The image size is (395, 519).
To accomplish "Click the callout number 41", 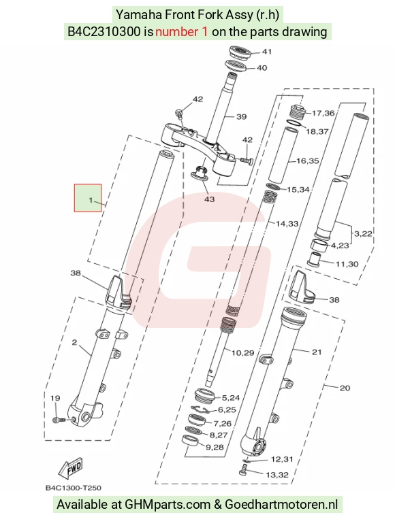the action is coord(267,51).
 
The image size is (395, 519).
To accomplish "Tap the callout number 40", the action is coord(262,68).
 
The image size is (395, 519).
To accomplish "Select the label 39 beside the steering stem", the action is coord(242,116).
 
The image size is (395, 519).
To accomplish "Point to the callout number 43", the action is coord(210,199).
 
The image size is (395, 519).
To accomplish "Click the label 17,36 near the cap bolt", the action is coord(323,113).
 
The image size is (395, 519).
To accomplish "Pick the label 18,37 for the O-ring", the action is coord(317,131).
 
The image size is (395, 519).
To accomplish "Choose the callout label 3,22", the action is coord(363,234).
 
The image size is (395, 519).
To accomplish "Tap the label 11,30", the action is coord(347,264).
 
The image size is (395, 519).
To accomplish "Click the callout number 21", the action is coord(317,352).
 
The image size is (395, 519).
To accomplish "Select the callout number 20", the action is coord(345,388).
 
